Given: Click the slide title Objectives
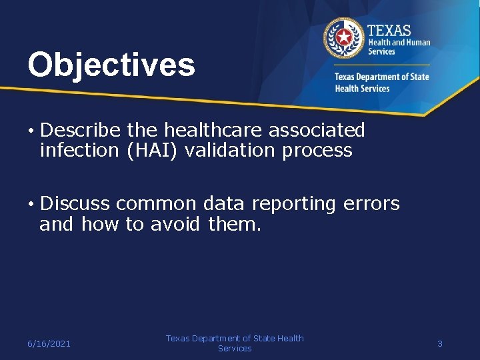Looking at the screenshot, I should point(111,65).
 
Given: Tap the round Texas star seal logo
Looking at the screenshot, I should point(344,39).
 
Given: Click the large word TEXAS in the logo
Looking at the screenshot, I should point(389,30).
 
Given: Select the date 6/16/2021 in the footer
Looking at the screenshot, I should point(49,343).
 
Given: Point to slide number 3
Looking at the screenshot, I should point(440,343).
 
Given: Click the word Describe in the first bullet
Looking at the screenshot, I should point(83,129).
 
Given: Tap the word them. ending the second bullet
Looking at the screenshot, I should point(235,225).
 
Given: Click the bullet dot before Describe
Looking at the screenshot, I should point(31,130).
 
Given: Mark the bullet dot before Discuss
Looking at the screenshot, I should point(31,204).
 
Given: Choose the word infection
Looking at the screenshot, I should point(79,150).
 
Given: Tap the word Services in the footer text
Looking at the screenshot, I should point(235,349).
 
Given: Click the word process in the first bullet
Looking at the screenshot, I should point(317,150).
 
